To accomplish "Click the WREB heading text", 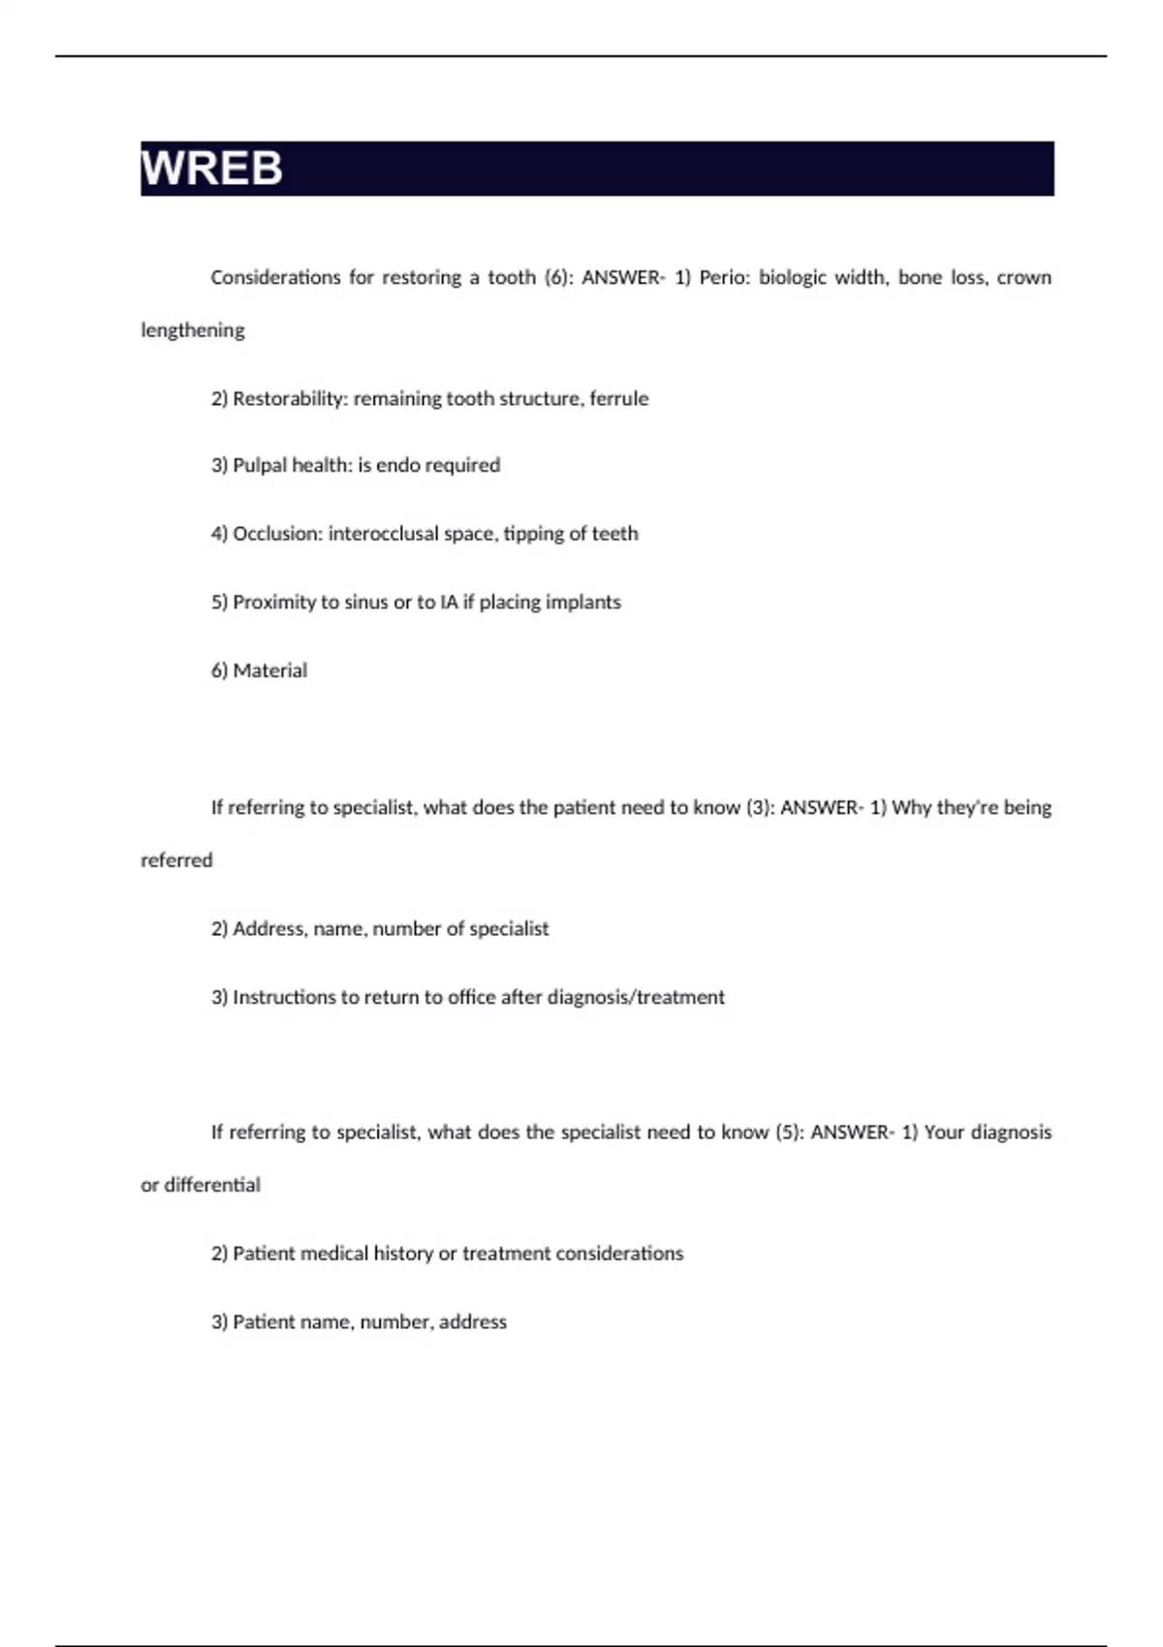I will (212, 169).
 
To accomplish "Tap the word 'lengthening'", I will (193, 330).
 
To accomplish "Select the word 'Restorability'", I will (289, 398).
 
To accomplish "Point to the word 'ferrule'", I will (619, 398).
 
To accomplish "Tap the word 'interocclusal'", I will (383, 534).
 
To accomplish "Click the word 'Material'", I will (270, 670).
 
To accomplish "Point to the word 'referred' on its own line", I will (176, 860).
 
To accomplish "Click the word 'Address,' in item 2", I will (270, 929).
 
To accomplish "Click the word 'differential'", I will (212, 1185).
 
